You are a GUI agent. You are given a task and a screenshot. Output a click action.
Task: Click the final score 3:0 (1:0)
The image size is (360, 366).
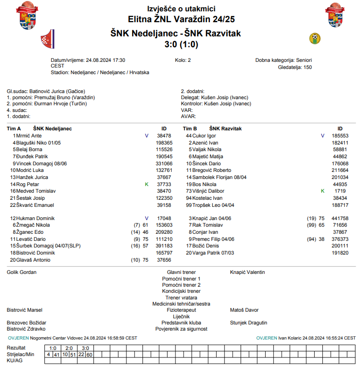181,45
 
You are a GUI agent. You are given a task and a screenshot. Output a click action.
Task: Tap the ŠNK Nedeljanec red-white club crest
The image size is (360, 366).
48,38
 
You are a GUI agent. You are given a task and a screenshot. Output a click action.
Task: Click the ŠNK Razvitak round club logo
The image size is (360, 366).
314,38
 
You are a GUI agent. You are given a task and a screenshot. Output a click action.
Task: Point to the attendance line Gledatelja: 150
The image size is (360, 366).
295,67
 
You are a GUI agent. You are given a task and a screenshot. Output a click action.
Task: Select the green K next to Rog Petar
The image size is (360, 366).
147,184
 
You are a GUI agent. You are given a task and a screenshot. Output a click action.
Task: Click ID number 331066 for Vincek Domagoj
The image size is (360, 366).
164,163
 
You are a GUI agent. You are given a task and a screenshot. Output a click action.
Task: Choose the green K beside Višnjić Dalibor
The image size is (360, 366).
323,191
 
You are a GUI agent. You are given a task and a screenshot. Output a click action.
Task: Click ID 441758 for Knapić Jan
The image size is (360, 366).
340,219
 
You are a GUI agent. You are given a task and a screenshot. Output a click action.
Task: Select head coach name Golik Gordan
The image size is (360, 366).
22,272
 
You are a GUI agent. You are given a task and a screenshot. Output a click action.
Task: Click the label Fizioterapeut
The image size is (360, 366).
181,310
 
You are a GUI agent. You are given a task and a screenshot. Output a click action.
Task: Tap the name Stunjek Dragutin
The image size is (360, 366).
248,323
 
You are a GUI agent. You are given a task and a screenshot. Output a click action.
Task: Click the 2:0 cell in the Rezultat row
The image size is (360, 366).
69,348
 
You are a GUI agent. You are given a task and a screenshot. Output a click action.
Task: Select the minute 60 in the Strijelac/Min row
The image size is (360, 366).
90,354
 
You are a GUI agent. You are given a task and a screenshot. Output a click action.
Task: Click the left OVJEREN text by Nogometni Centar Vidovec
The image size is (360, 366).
18,338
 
